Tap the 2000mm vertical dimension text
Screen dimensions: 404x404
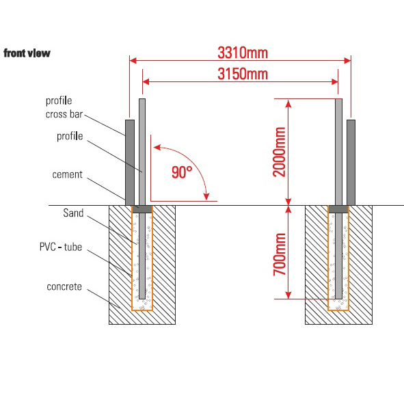279,151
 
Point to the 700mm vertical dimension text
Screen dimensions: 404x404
279,252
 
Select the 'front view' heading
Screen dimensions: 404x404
27,53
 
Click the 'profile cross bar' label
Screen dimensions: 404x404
68,108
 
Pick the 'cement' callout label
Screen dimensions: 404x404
67,174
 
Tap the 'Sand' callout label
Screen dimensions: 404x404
73,213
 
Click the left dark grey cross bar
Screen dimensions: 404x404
129,161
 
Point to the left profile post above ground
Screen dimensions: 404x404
142,150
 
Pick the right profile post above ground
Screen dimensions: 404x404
338,150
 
